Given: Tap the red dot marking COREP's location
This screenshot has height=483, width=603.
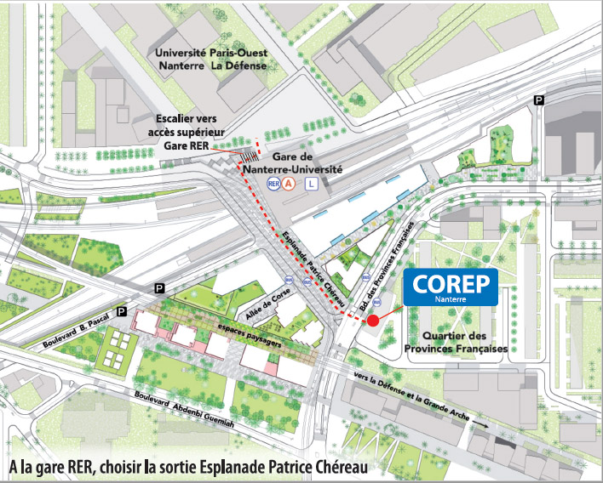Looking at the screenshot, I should (372, 320).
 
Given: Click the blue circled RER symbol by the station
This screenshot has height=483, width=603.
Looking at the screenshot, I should (273, 183).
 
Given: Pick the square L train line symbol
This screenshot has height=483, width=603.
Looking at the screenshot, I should (311, 183).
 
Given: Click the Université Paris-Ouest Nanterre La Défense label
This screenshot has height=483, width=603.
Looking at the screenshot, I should (211, 59).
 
